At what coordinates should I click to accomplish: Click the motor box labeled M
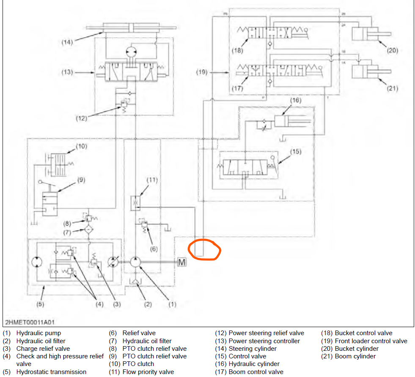tap(181, 262)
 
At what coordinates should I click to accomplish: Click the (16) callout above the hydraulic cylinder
tap(295, 100)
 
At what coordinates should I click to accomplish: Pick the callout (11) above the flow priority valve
tap(152, 180)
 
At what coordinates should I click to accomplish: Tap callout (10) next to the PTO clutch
tap(81, 147)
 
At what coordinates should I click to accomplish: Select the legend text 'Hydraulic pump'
tap(38, 333)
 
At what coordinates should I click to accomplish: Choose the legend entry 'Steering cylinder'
tap(253, 349)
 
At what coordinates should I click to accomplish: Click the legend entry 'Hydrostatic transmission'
tap(51, 372)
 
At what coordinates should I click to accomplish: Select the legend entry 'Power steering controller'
tap(264, 341)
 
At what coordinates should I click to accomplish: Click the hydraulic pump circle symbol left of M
tap(136, 262)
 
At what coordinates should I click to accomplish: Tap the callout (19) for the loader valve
tap(202, 72)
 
